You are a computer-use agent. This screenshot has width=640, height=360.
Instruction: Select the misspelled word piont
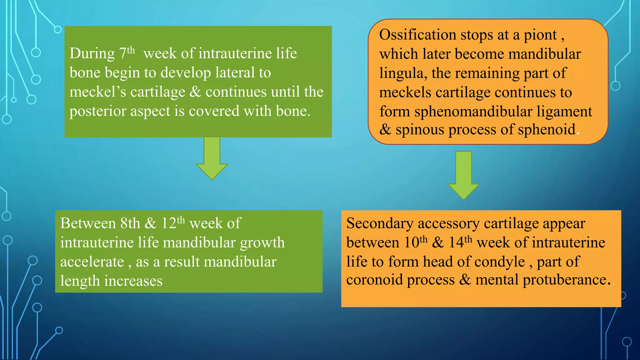[540, 35]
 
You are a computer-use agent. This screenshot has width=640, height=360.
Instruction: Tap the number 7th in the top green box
[127, 53]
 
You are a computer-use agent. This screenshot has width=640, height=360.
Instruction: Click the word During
[92, 53]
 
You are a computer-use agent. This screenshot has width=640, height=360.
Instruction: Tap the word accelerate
[92, 262]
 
